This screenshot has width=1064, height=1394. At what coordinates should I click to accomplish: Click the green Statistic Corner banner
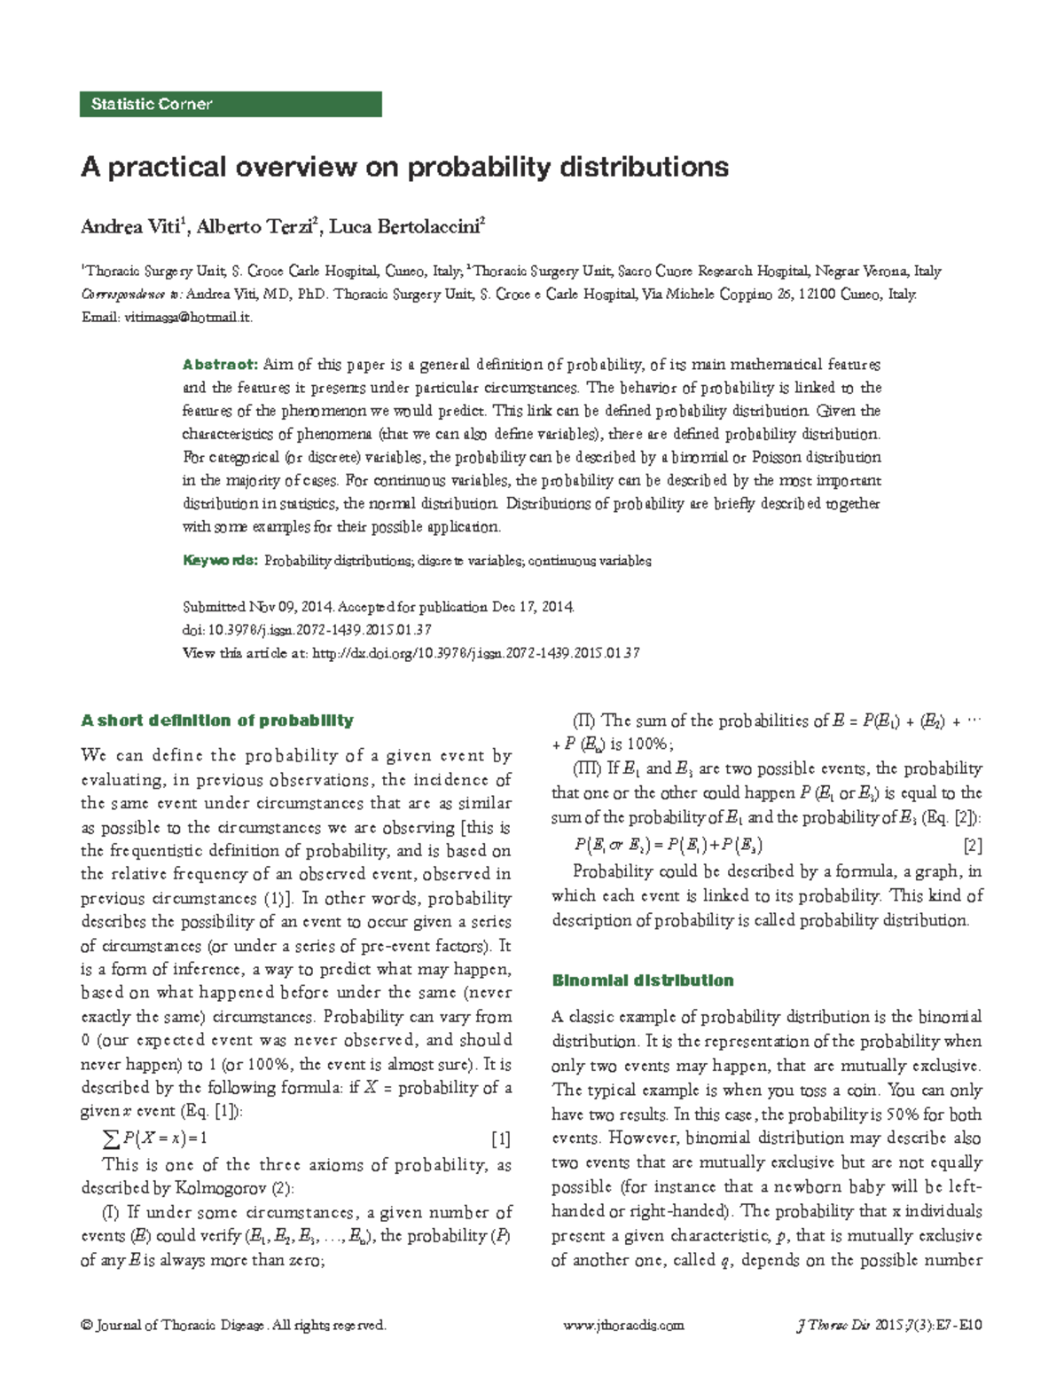pyautogui.click(x=231, y=104)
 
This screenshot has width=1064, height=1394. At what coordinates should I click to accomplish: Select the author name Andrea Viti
pyautogui.click(x=130, y=227)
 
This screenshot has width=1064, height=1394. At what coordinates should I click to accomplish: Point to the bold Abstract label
pyautogui.click(x=219, y=365)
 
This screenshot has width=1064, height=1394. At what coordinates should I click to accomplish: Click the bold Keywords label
pyautogui.click(x=220, y=561)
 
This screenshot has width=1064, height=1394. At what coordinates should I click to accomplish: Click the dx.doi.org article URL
pyautogui.click(x=476, y=653)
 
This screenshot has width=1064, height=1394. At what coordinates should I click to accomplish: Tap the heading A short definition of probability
pyautogui.click(x=217, y=721)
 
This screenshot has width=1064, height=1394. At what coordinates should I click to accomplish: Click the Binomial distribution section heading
pyautogui.click(x=643, y=981)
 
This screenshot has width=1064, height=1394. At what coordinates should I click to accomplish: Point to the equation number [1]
pyautogui.click(x=501, y=1138)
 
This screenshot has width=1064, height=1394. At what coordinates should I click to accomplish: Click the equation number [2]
pyautogui.click(x=972, y=846)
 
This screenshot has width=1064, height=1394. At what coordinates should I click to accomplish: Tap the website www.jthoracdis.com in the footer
pyautogui.click(x=623, y=1326)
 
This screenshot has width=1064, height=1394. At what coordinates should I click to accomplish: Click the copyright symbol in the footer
pyautogui.click(x=86, y=1326)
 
